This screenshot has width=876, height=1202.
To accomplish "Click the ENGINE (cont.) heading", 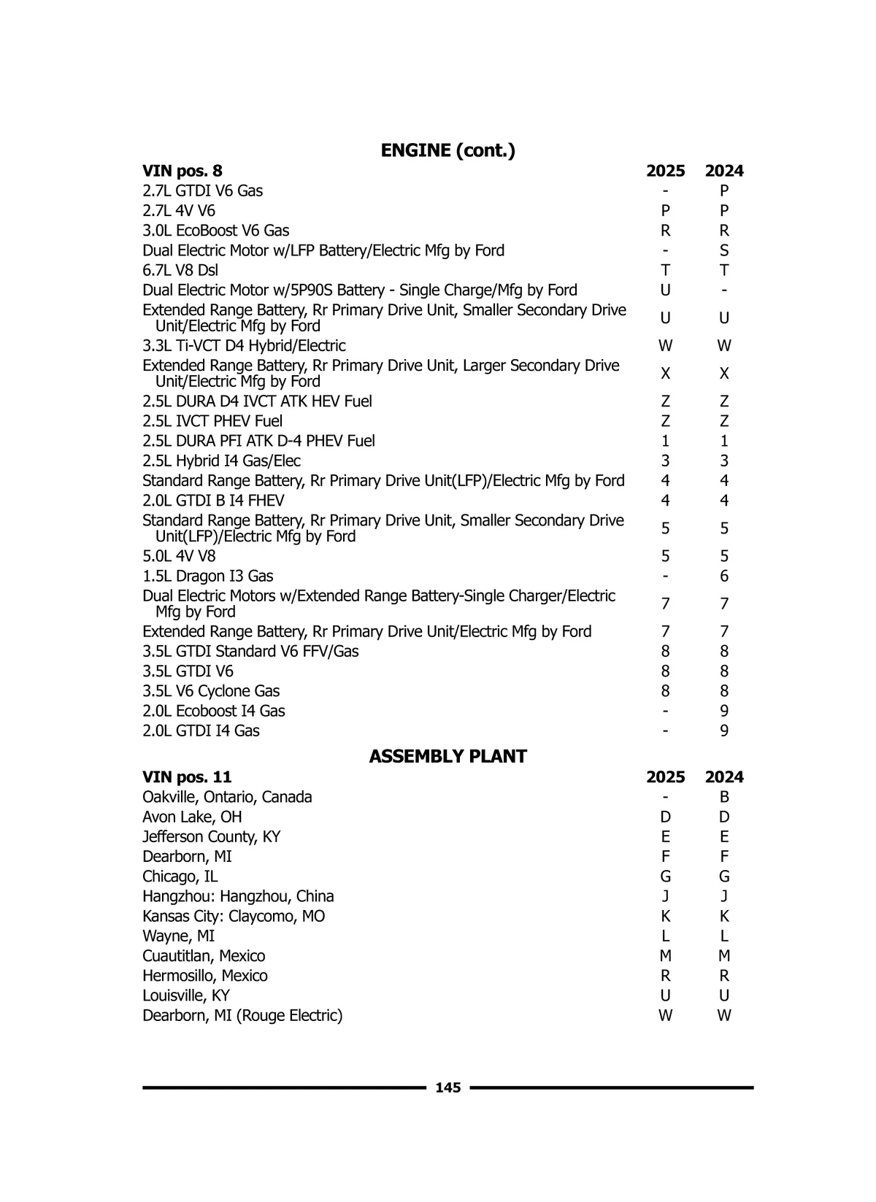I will coord(447,150).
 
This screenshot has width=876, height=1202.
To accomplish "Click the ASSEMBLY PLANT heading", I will coord(447,756).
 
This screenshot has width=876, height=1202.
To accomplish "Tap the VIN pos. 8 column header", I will coord(182,171).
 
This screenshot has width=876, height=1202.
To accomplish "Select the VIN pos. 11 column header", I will coord(187,777).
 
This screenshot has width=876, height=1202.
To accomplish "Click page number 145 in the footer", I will coord(447,1087).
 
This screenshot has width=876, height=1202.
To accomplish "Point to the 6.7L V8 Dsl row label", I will coord(180,270).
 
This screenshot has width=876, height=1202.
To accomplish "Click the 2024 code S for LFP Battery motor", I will coord(724,250).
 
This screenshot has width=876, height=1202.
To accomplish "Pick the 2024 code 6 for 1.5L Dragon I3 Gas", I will coord(724,576).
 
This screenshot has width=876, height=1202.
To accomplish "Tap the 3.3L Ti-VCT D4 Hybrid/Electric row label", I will coord(244,345).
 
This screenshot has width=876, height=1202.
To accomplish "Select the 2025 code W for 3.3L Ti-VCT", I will coord(665,345).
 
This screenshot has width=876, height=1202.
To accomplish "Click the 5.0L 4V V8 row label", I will coord(179,556).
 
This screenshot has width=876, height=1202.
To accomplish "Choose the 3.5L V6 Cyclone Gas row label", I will coord(211,690).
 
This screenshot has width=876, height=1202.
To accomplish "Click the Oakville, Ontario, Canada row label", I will coord(227,797).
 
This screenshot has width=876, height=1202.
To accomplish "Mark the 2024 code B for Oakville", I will coord(724,797).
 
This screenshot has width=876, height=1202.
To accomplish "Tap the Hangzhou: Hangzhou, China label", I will coord(238,896).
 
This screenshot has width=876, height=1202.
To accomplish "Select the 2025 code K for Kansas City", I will coord(665,916).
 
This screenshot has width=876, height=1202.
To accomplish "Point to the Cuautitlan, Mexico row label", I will coord(204,956).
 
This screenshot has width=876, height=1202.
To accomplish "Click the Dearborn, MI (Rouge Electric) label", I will coord(242,1015).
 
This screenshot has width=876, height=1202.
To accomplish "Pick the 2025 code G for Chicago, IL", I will coord(665,877).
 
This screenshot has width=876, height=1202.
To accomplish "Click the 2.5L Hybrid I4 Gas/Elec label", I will coord(221,461).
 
